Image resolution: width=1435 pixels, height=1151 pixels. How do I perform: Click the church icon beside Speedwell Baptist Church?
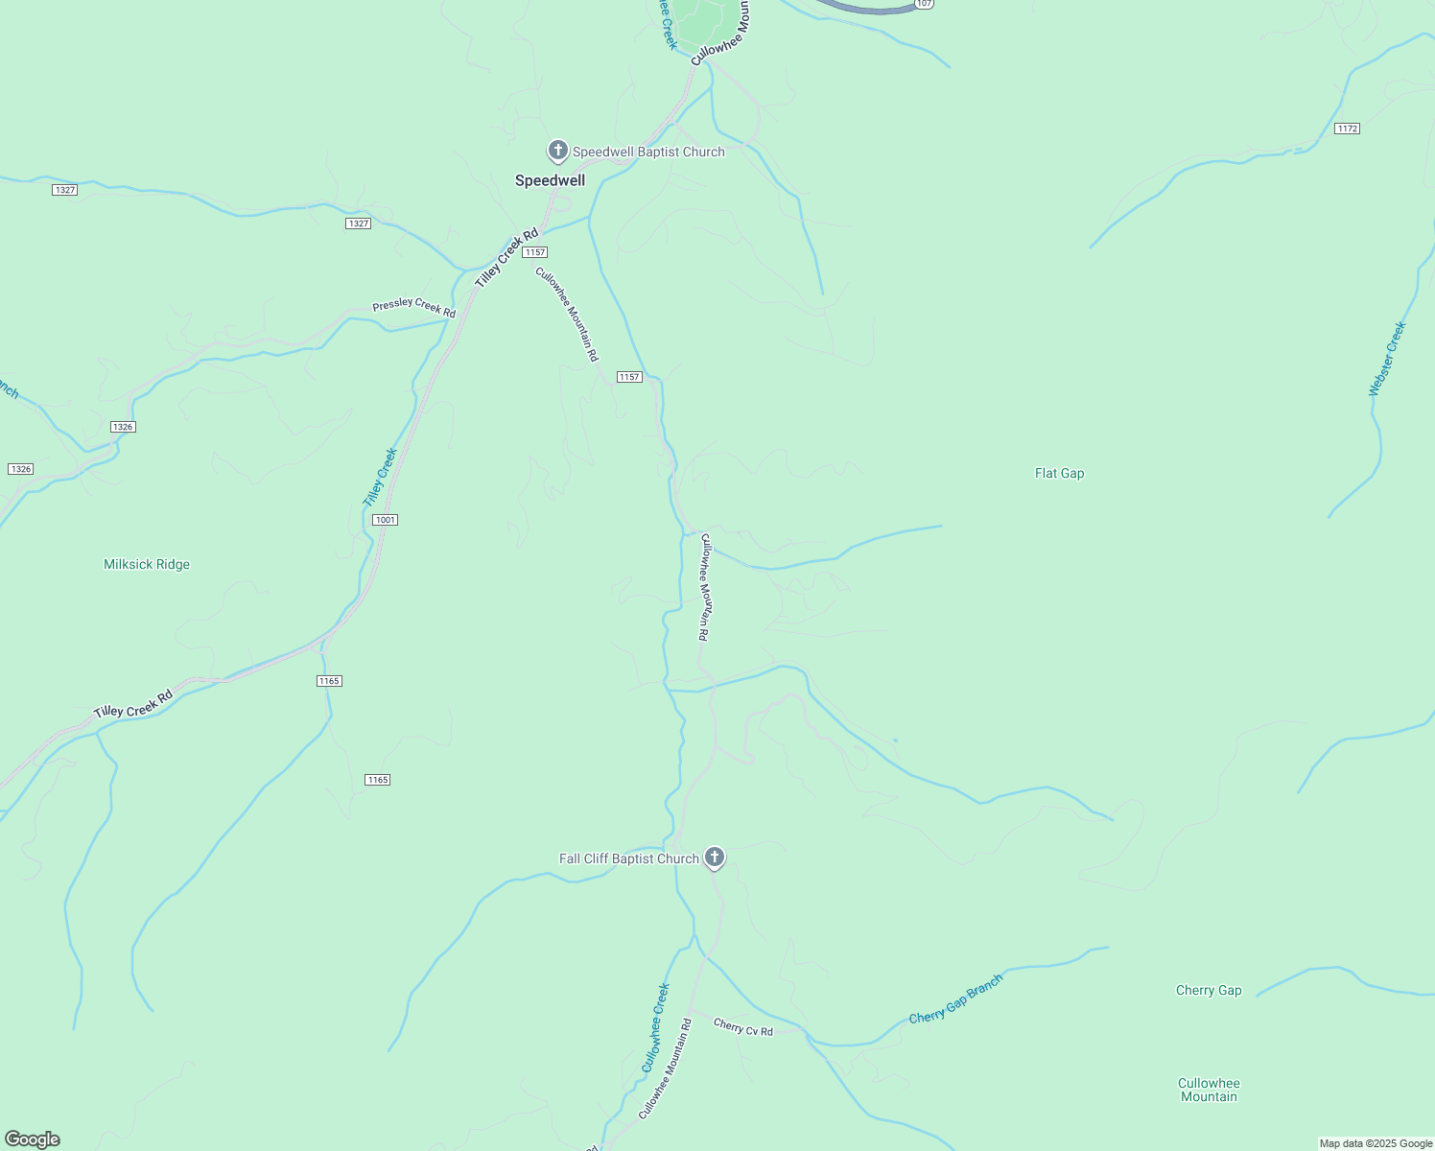click(x=557, y=151)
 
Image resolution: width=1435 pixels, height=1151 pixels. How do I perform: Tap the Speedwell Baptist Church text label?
click(x=648, y=152)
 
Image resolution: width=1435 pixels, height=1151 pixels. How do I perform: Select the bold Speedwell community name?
click(x=550, y=180)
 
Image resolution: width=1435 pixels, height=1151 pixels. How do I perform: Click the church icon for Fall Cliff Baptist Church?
click(x=714, y=857)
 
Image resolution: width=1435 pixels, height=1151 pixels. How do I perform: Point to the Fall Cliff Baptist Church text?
click(x=629, y=858)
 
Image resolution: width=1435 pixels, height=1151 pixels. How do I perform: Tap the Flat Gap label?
click(x=1059, y=473)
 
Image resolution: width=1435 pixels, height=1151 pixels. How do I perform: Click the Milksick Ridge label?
click(x=147, y=564)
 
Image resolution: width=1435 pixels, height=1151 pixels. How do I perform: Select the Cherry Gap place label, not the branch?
click(x=1209, y=990)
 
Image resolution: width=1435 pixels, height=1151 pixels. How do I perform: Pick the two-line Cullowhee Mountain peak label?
click(x=1209, y=1090)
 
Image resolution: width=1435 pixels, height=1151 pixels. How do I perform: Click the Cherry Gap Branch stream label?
click(x=955, y=998)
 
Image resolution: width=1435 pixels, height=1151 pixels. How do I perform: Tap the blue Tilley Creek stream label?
click(x=380, y=478)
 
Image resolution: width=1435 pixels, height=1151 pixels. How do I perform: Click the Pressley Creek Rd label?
click(x=413, y=307)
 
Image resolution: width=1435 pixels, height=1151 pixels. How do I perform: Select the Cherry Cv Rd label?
click(x=742, y=1026)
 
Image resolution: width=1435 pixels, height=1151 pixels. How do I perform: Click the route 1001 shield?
click(x=385, y=520)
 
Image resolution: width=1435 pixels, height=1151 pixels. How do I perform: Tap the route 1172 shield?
click(x=1347, y=129)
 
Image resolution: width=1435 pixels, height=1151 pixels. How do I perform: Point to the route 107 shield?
click(x=923, y=4)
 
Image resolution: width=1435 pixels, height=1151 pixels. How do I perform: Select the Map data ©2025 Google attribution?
click(x=1376, y=1143)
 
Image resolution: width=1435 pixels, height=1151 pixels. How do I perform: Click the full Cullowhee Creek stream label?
click(x=655, y=1027)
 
